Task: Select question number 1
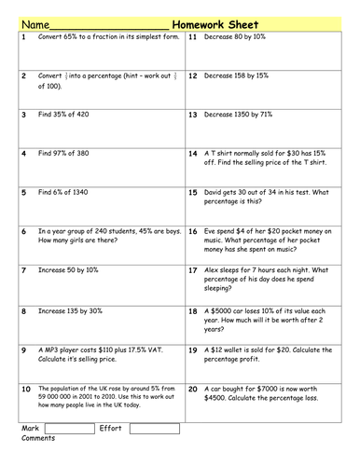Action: pos(21,38)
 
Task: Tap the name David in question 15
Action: pos(218,192)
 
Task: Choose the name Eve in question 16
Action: pos(215,230)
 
